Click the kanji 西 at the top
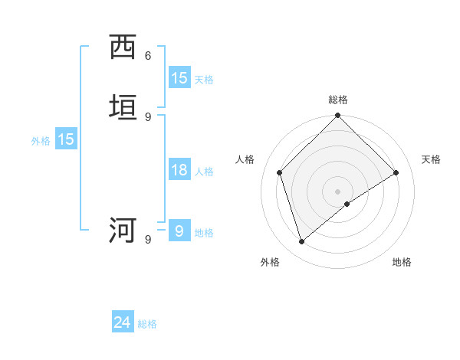(123, 47)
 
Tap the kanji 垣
(123, 108)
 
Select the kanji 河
(123, 230)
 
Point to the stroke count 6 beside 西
(148, 56)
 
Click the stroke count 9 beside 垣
(148, 116)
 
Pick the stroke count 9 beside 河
(148, 239)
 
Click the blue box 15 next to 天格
(179, 78)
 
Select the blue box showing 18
(179, 170)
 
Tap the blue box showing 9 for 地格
(179, 231)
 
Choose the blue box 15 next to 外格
(66, 139)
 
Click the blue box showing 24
(123, 322)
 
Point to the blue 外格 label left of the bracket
(41, 141)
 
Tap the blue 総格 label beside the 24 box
(147, 324)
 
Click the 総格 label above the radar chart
(338, 100)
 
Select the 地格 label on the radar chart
(402, 262)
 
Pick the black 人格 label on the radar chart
(245, 159)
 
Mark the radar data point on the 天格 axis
(396, 172)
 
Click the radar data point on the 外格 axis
(301, 241)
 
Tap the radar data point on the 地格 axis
(347, 204)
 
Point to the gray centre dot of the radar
(338, 191)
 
